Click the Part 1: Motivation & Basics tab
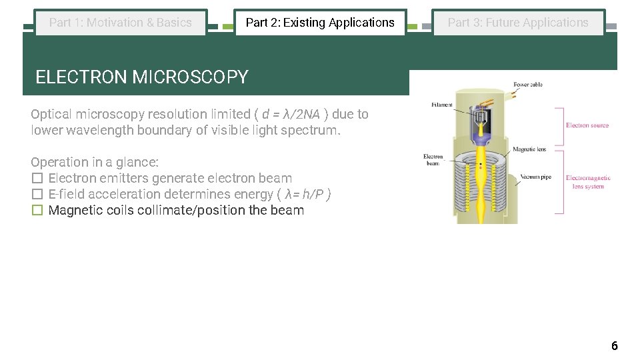click(121, 23)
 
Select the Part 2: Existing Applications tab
click(320, 23)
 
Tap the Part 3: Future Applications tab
click(518, 23)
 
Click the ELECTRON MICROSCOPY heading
click(141, 77)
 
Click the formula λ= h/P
click(306, 194)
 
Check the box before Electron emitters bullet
click(37, 178)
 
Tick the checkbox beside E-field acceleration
click(37, 194)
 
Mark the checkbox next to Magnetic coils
click(37, 210)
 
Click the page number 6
click(614, 345)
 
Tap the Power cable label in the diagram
click(528, 85)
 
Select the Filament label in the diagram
click(442, 105)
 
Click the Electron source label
click(587, 125)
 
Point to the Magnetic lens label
click(529, 149)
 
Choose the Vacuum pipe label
click(535, 177)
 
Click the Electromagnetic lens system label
click(588, 182)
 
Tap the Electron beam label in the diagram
click(433, 160)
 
